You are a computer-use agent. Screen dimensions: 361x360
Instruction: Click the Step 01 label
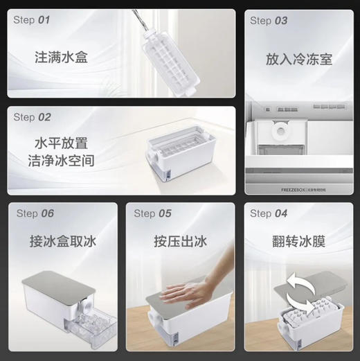(x=32, y=21)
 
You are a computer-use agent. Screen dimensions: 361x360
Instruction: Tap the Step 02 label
(x=32, y=117)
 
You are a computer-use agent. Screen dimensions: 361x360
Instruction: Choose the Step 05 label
(x=152, y=213)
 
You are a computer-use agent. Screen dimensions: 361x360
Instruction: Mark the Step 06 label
(x=35, y=213)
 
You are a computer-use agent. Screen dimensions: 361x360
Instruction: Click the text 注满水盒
(x=62, y=58)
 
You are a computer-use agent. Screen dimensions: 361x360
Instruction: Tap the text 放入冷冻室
(x=299, y=60)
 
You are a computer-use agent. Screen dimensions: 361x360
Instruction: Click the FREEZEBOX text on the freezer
(x=295, y=187)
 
